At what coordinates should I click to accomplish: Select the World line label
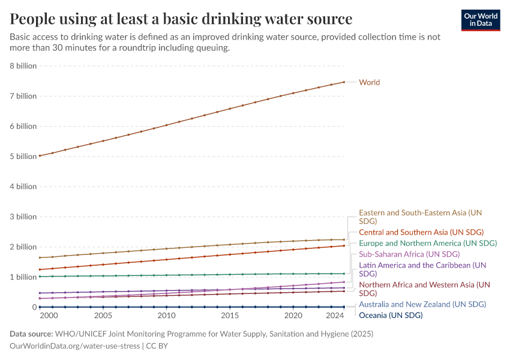pos(369,82)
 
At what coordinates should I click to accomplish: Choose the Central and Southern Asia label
pos(421,232)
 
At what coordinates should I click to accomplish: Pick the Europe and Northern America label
pos(428,244)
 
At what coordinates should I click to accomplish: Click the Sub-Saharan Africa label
pos(409,254)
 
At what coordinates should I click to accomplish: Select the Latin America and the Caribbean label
pos(422,269)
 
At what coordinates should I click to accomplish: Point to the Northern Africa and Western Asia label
pos(424,289)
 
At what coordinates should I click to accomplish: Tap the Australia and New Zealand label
pos(422,304)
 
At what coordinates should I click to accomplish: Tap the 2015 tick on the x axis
pos(230,316)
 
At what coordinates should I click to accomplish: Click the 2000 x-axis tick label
pos(49,316)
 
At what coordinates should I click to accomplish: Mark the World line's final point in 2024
pos(344,82)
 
